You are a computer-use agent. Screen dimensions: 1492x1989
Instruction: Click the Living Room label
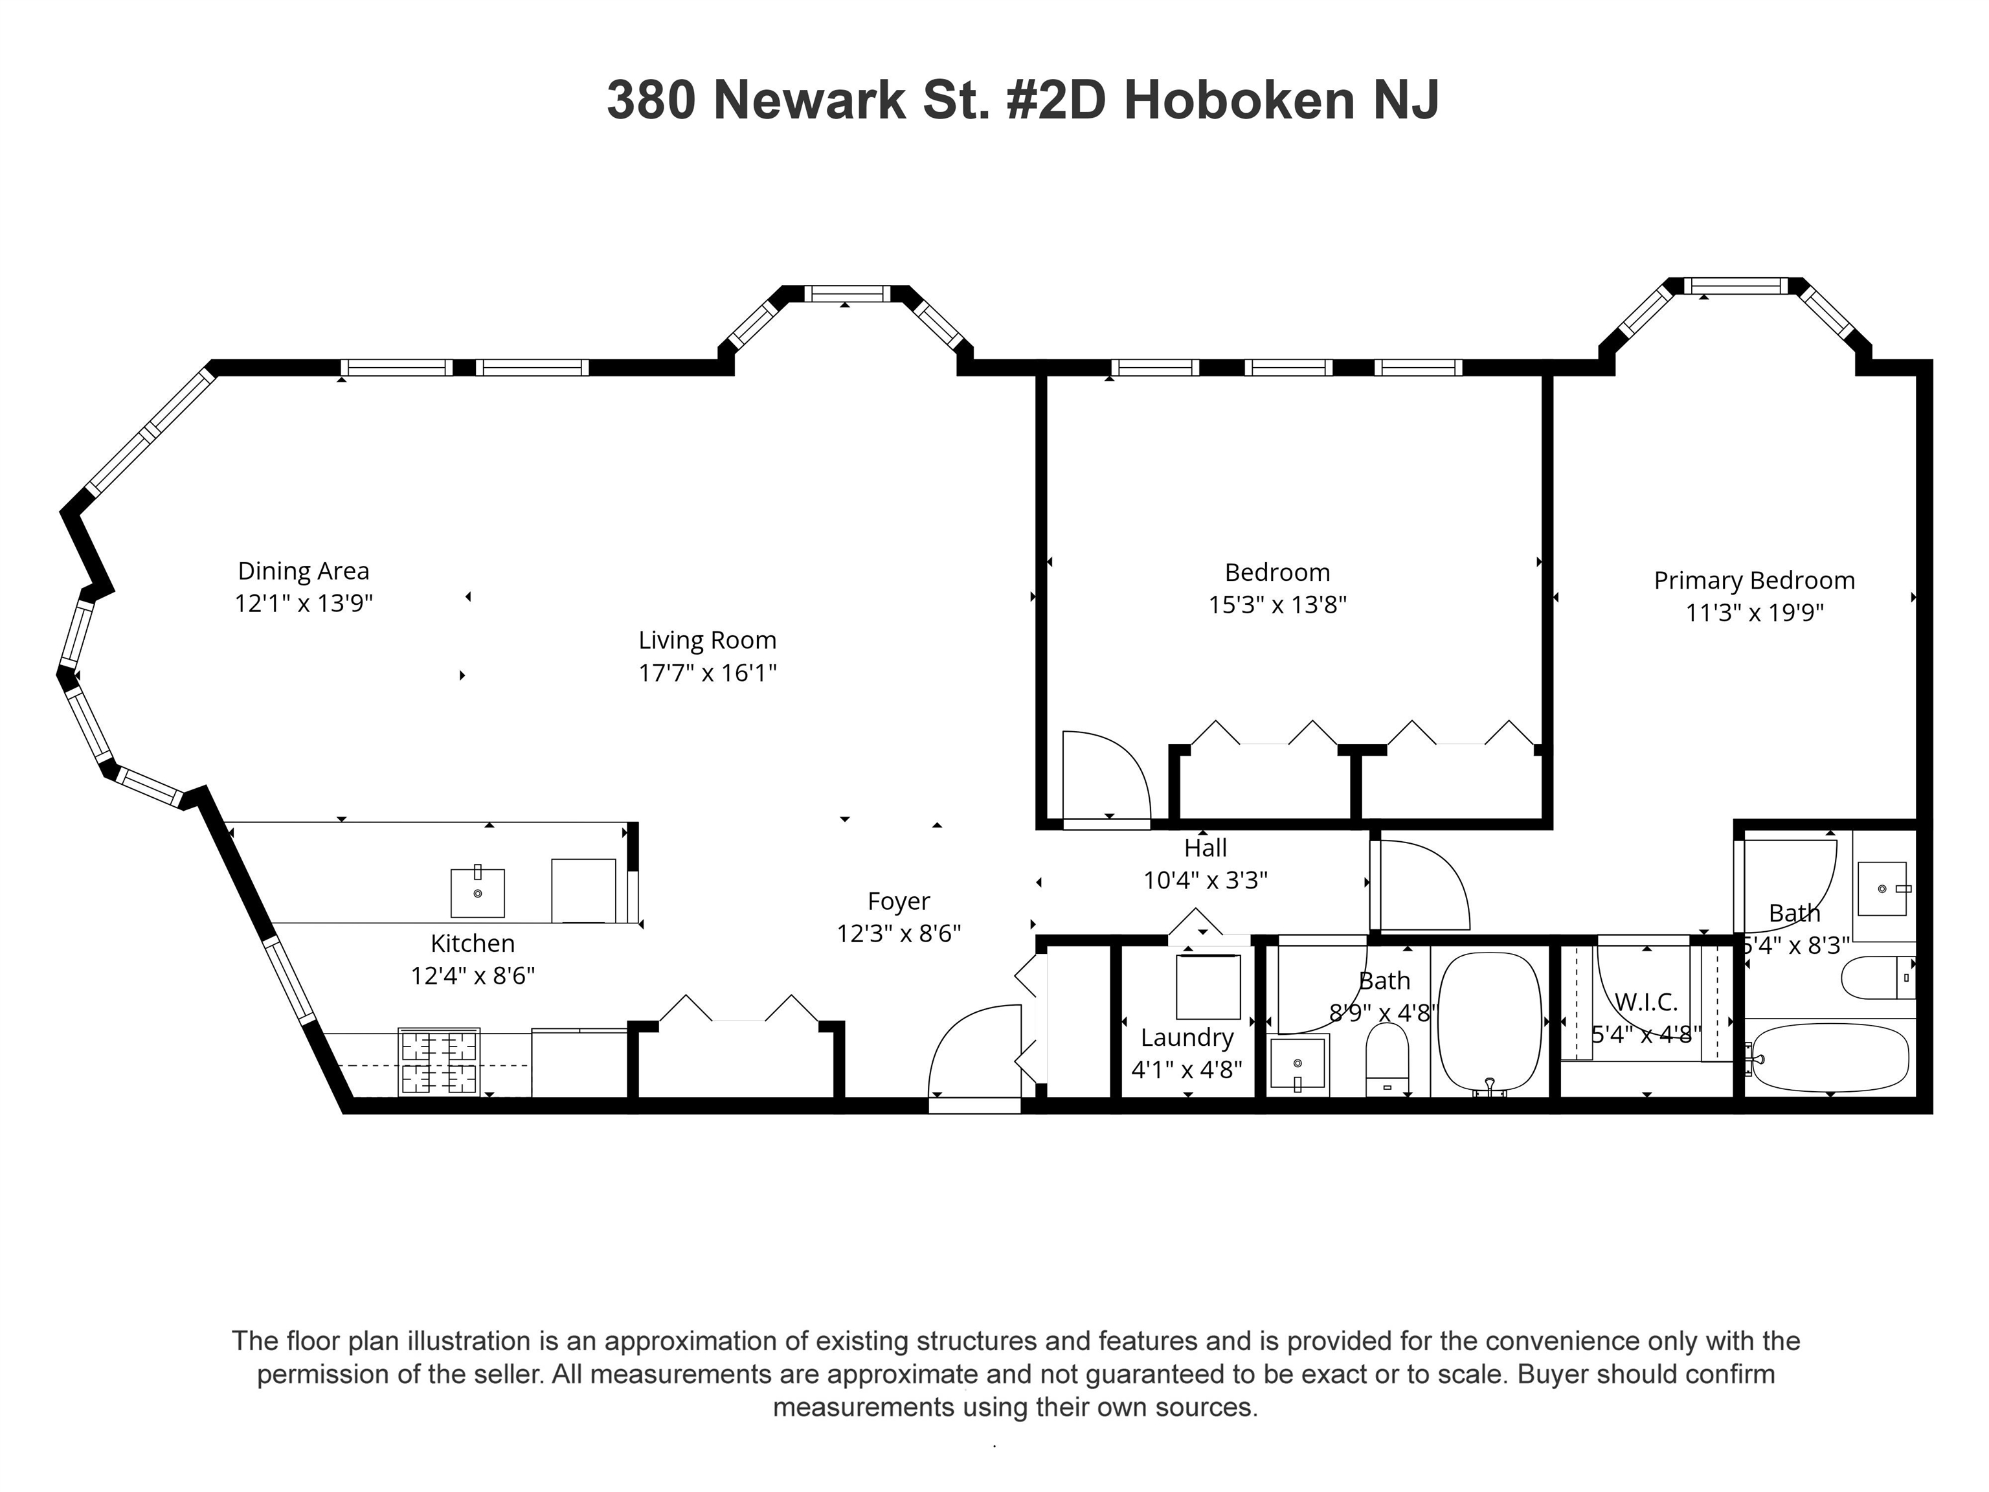pyautogui.click(x=707, y=640)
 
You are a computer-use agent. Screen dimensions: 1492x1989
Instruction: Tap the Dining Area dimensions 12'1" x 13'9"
pyautogui.click(x=303, y=602)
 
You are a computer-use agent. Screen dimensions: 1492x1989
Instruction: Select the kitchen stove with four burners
pyautogui.click(x=439, y=1062)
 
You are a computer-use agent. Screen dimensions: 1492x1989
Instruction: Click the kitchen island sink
pyautogui.click(x=477, y=892)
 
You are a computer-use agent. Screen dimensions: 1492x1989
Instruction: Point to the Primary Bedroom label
pyautogui.click(x=1753, y=581)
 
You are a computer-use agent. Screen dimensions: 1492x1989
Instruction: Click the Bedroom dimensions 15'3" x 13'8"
pyautogui.click(x=1277, y=604)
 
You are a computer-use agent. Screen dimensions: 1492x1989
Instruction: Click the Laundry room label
pyautogui.click(x=1187, y=1037)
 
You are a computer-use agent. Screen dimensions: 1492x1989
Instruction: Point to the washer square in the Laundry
pyautogui.click(x=1208, y=987)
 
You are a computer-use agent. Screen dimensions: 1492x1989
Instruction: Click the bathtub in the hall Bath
pyautogui.click(x=1489, y=1022)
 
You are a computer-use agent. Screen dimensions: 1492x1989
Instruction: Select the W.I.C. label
pyautogui.click(x=1645, y=1002)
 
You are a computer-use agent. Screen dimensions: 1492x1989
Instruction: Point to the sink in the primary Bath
pyautogui.click(x=1882, y=888)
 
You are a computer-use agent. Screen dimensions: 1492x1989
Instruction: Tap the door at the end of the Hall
pyautogui.click(x=1421, y=886)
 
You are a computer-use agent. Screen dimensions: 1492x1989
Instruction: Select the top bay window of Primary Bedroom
pyautogui.click(x=1736, y=286)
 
